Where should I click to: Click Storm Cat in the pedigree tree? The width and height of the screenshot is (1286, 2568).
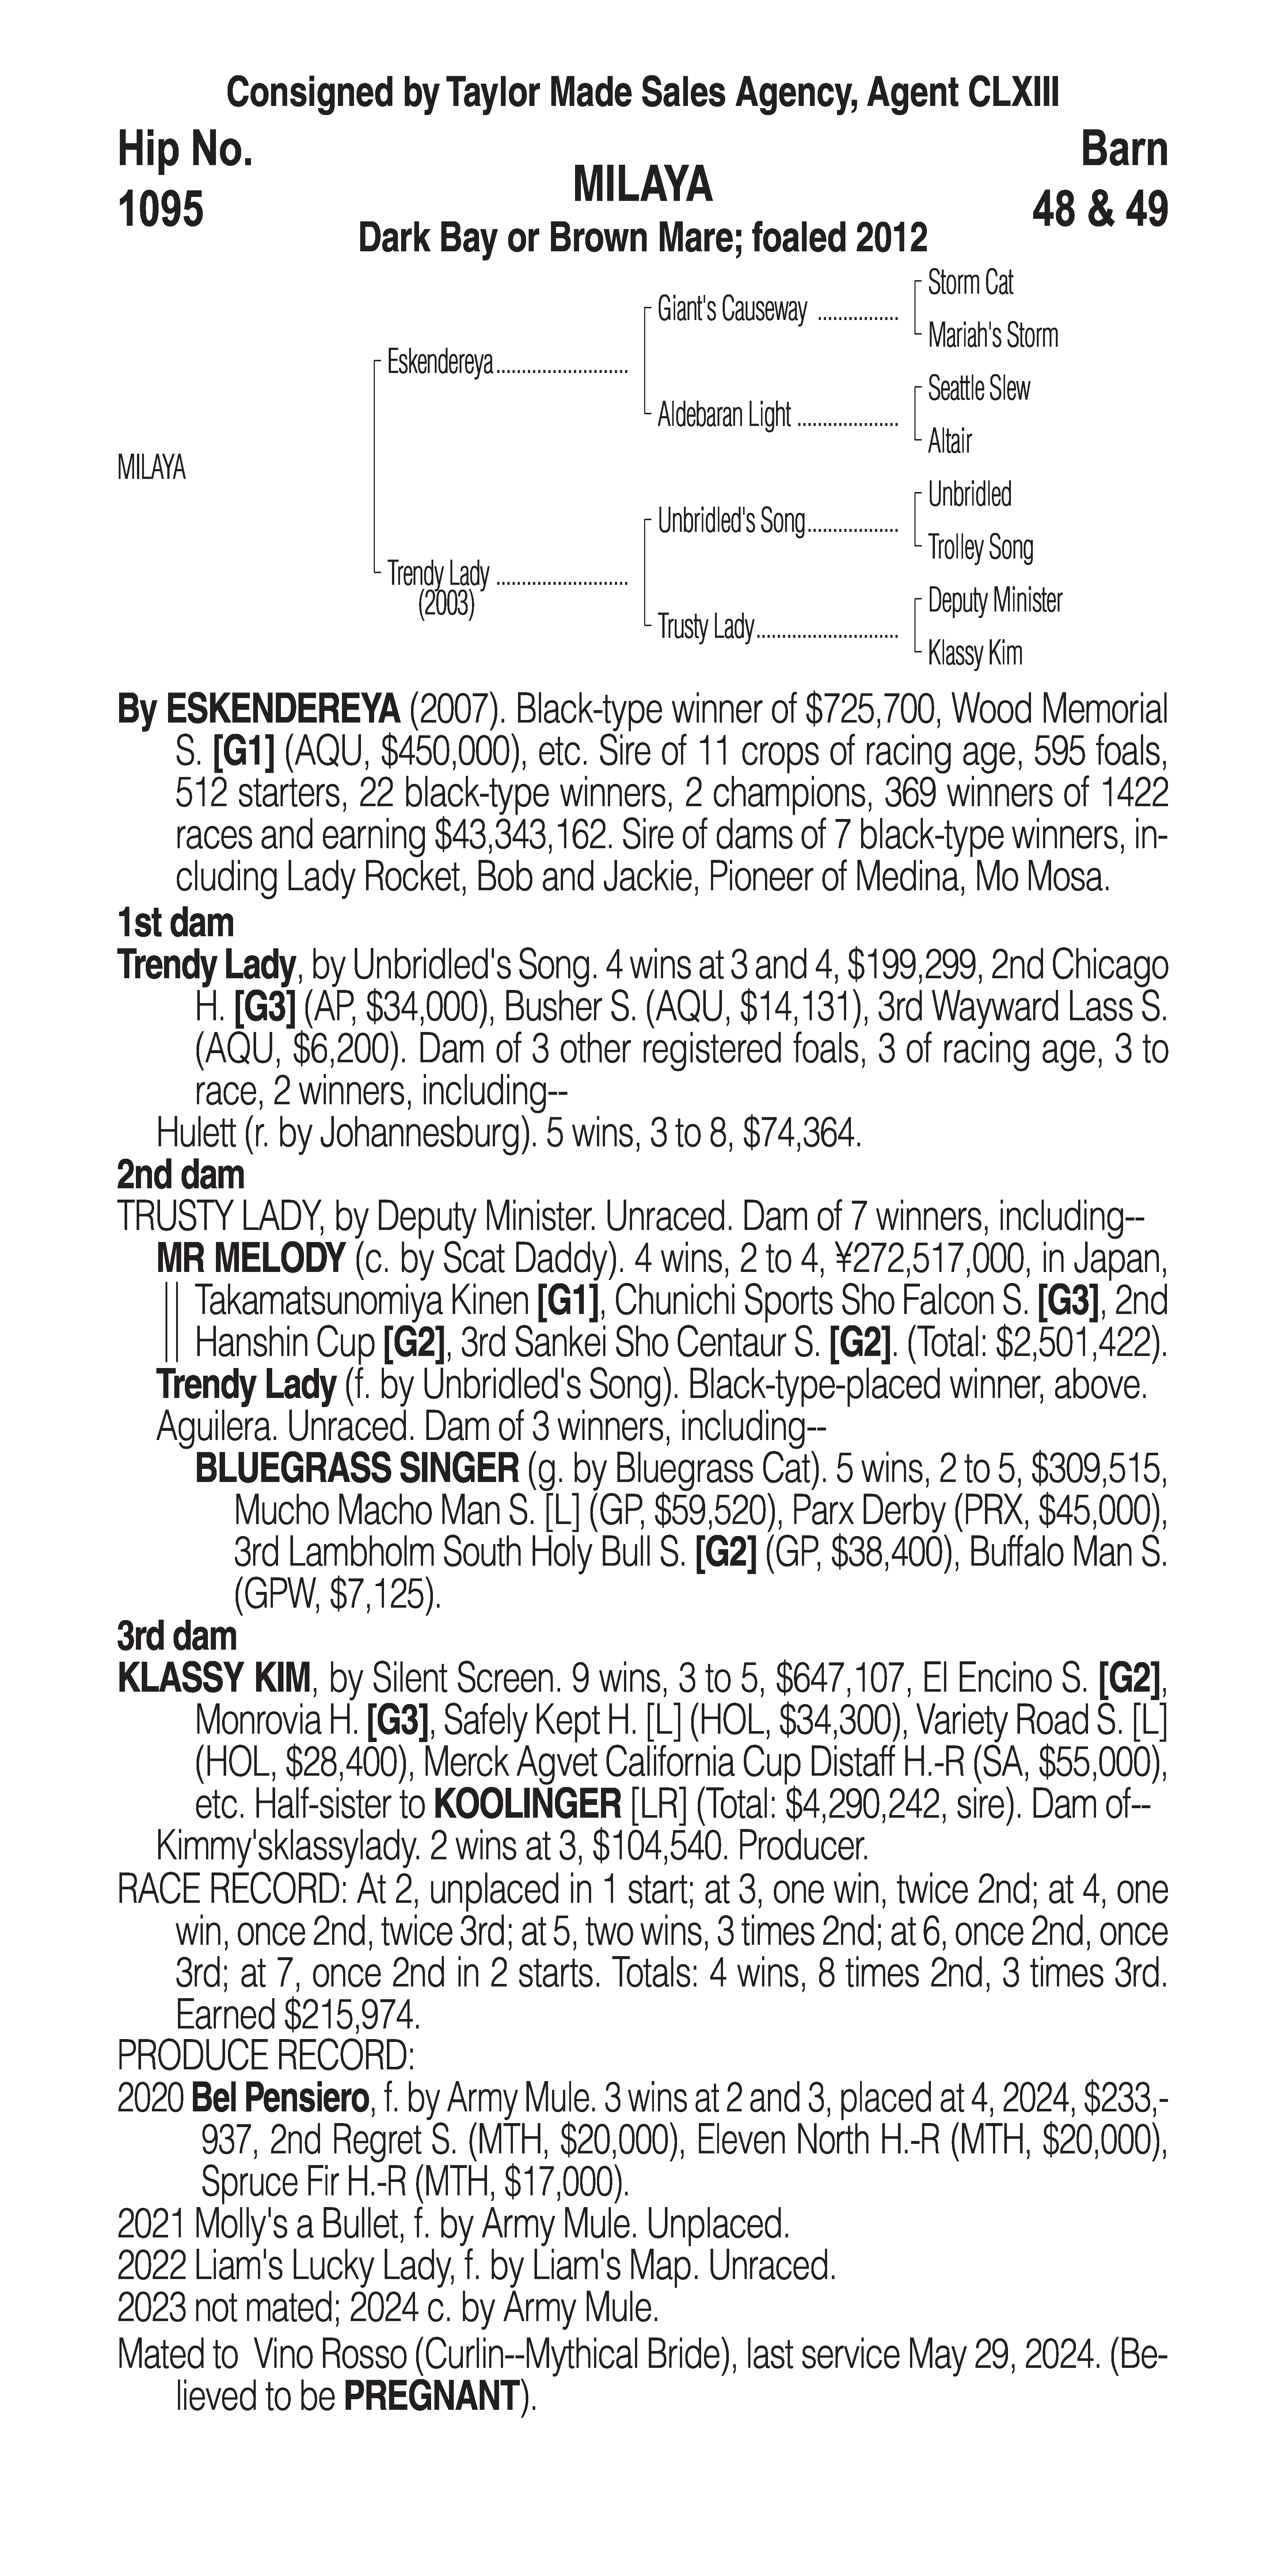point(970,283)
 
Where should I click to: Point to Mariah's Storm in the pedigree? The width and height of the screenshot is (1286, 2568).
point(992,336)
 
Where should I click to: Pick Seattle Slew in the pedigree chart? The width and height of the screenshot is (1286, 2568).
point(978,389)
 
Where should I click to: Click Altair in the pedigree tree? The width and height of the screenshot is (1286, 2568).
point(949,442)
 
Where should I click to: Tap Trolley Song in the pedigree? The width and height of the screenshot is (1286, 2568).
point(980,547)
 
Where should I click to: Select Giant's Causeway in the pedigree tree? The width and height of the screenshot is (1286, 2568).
point(732,310)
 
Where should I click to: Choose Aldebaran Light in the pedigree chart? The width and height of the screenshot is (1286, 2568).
point(724,416)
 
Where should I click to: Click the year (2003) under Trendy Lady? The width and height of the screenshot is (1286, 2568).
point(446,604)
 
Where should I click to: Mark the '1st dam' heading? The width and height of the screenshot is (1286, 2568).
point(175,923)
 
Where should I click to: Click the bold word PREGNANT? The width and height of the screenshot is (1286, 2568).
point(432,2397)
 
